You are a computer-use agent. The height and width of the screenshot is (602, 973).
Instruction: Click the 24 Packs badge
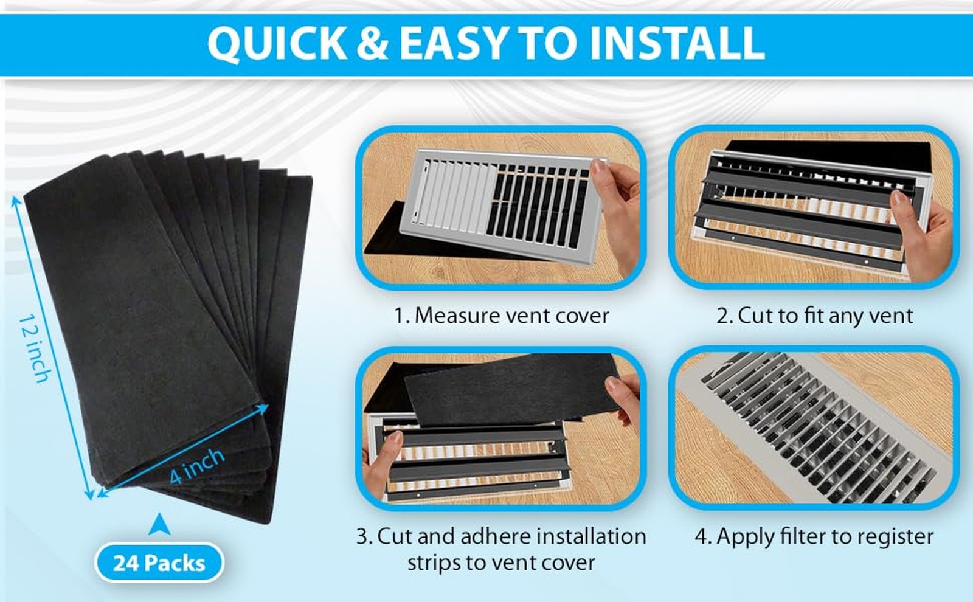(159, 562)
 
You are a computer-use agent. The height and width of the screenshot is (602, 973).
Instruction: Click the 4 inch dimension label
(196, 466)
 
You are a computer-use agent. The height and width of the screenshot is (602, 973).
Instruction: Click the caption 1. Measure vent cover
(501, 316)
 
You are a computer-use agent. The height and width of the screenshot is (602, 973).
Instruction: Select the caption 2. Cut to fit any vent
(814, 316)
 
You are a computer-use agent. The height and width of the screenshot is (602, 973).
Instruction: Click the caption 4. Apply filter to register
(814, 536)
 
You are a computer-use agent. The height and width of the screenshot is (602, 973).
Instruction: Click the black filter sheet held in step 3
(511, 389)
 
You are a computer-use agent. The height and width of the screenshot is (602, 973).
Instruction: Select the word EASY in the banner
(452, 44)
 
